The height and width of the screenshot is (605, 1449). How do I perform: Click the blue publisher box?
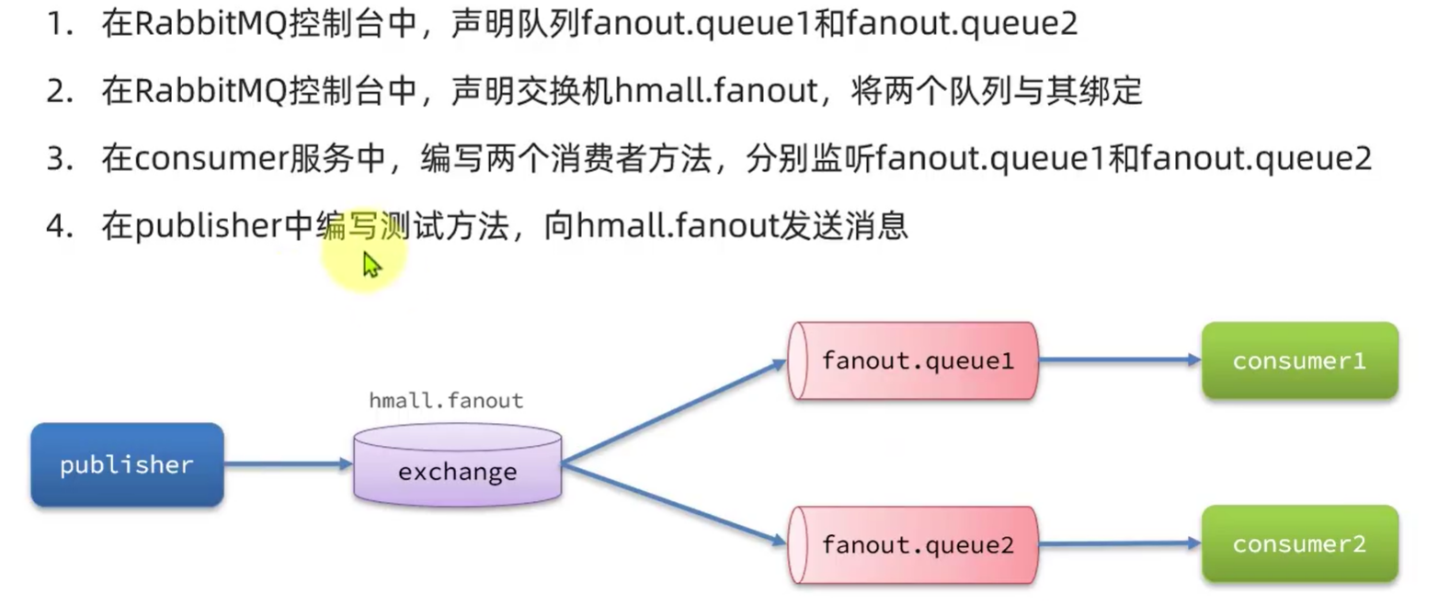[x=127, y=464]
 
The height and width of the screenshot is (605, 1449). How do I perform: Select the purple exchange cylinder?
[x=457, y=466]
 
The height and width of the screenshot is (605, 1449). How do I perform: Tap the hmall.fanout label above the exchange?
[x=446, y=401]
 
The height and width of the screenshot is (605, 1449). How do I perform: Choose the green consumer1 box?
[x=1299, y=360]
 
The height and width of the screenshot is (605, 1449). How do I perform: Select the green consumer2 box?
[x=1299, y=543]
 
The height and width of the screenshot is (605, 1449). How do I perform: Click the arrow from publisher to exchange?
[x=288, y=464]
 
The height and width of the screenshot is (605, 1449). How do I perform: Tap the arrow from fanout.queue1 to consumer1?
[x=1119, y=360]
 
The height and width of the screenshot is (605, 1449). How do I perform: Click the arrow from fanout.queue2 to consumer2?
[x=1119, y=543]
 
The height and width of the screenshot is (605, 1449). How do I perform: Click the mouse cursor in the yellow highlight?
[x=371, y=265]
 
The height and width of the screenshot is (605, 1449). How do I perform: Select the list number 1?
[x=59, y=24]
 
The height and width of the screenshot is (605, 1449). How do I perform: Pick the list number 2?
[x=59, y=91]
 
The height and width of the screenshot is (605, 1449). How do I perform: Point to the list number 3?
[x=59, y=158]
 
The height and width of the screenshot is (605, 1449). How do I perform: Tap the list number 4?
[x=59, y=226]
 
